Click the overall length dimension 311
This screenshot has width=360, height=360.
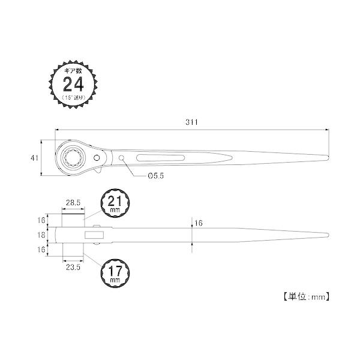[191, 122]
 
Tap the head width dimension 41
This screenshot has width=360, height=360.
[34, 158]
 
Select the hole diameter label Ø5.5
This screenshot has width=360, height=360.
[156, 176]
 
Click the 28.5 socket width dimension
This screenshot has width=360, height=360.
[73, 203]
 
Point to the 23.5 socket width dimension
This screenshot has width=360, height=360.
[73, 267]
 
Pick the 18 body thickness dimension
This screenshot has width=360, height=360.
[41, 235]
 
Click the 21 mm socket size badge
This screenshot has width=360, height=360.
[115, 203]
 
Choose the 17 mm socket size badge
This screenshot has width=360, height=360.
[115, 273]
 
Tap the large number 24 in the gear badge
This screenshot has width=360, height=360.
[73, 84]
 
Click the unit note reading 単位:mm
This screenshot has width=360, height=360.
[307, 297]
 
